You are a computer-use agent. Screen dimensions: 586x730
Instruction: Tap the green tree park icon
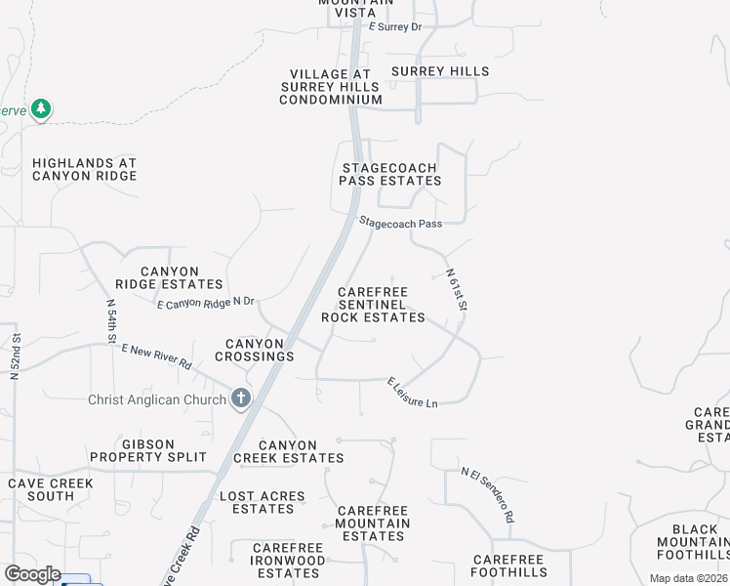coord(40,108)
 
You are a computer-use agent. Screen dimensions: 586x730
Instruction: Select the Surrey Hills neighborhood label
coord(439,71)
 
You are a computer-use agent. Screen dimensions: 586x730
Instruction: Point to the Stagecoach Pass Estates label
coord(390,174)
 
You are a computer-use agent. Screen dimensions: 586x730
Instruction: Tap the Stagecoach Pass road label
coord(400,224)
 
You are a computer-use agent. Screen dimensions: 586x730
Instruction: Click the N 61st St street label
coord(457,291)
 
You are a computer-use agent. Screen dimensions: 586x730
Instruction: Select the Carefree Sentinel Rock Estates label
coord(373,305)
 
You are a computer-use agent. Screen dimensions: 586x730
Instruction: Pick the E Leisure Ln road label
coord(412,393)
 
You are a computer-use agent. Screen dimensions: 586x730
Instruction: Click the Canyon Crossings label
coord(260,350)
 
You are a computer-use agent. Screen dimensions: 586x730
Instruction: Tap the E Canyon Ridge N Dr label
coord(206,304)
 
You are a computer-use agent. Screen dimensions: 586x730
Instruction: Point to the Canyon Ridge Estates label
coord(169,277)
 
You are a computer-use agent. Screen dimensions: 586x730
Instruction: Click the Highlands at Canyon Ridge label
coord(84,170)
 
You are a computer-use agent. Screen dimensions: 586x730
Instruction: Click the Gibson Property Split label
coord(148,450)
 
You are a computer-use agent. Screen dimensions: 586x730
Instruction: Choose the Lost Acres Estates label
coord(263,502)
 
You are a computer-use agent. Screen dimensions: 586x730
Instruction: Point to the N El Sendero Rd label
coord(488,494)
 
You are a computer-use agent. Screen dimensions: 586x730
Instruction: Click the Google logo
coord(32,574)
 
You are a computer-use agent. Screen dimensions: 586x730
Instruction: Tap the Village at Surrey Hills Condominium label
coord(331,87)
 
